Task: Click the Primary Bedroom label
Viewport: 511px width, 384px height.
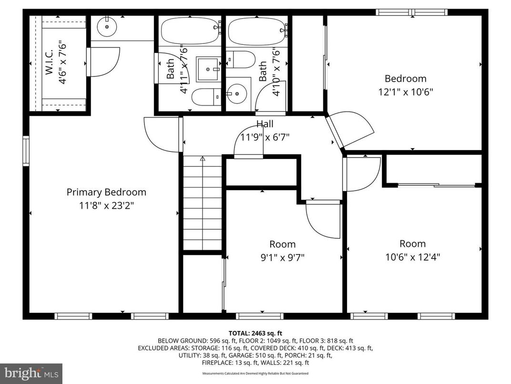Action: point(106,192)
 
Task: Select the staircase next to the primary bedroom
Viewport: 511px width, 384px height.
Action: point(203,203)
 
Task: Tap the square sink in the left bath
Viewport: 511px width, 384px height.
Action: point(209,70)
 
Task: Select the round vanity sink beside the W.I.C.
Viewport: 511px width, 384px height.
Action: point(107,28)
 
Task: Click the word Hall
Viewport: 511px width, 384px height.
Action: point(265,124)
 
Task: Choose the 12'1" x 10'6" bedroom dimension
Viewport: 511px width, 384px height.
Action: point(405,92)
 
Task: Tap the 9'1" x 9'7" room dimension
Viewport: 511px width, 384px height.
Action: point(283,257)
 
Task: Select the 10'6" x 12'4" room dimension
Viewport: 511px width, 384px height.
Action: point(413,257)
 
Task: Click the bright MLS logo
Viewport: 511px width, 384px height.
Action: point(31,373)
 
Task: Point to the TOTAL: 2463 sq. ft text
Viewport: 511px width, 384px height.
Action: point(255,333)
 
